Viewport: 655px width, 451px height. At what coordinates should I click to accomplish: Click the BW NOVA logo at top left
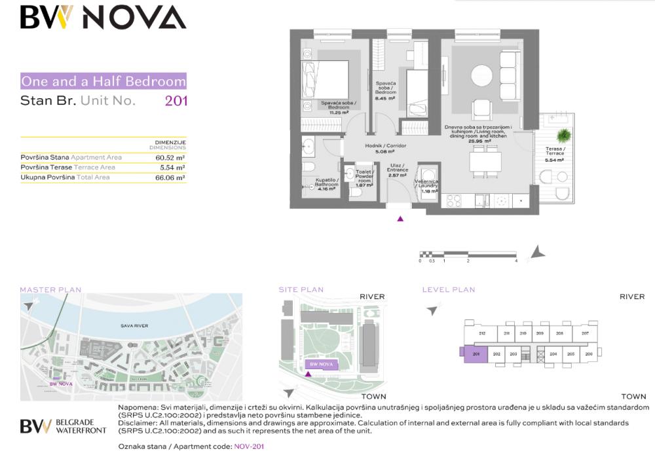[103, 17]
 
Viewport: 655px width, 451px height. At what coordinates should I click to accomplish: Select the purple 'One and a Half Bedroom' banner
[103, 82]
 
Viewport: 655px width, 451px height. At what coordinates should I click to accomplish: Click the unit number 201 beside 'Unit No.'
[176, 101]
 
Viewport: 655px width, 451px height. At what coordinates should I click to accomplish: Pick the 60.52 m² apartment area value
[170, 158]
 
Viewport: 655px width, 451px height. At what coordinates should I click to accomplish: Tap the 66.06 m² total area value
[170, 177]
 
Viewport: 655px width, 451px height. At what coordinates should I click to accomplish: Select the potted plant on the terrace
[562, 135]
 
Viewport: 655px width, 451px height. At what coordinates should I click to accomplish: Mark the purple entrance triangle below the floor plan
[400, 219]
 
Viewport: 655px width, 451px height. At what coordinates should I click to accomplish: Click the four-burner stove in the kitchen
[454, 200]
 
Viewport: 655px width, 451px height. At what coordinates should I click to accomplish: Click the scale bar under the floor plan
[468, 253]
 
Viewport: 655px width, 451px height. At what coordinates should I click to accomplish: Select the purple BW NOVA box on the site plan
[321, 365]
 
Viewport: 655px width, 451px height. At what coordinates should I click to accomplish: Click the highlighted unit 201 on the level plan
[476, 354]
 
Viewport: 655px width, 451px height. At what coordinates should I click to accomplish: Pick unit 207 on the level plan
[584, 334]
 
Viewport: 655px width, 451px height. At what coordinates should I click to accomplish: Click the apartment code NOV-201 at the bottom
[249, 446]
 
